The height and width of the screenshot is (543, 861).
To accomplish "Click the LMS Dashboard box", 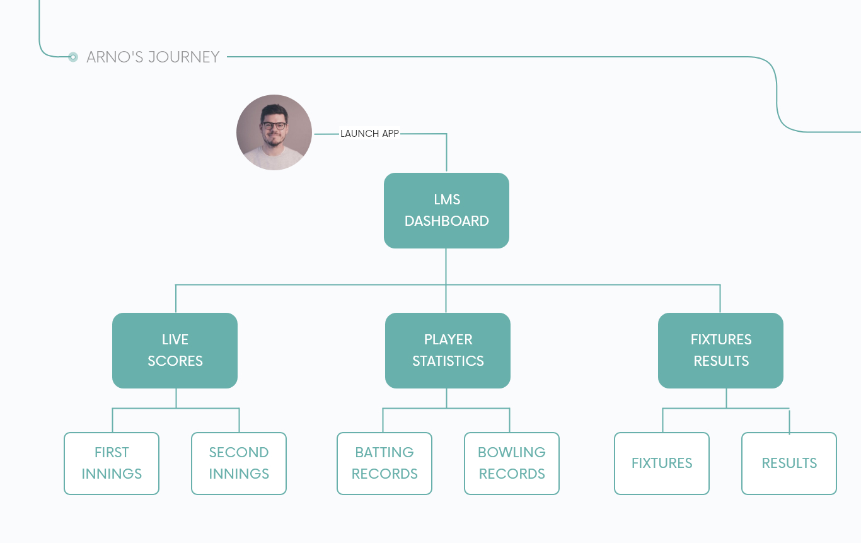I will (446, 210).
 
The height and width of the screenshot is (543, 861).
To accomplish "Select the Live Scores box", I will (175, 350).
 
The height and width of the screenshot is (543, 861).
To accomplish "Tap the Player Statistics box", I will (448, 350).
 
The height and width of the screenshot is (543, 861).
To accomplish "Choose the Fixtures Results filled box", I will (720, 350).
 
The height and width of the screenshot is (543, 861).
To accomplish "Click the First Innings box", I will (112, 463).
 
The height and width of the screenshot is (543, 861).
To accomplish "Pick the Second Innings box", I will (239, 463).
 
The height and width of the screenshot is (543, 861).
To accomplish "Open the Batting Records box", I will (384, 463).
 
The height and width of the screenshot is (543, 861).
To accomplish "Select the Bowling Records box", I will (512, 463).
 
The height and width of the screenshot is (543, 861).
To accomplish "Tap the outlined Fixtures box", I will (662, 463).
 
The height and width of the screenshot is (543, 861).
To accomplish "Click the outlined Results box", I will (789, 463).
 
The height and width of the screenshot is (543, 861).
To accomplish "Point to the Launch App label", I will (369, 134).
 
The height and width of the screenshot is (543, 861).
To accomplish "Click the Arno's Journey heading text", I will (153, 57).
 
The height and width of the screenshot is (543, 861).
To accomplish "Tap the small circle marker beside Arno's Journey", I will (73, 57).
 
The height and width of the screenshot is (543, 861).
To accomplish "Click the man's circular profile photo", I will (274, 132).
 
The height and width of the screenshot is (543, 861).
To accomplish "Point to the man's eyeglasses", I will (274, 126).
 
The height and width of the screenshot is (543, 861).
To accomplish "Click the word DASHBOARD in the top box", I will (446, 221).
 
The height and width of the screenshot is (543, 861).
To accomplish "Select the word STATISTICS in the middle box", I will (448, 361).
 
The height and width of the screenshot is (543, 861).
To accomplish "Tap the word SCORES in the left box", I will (175, 361).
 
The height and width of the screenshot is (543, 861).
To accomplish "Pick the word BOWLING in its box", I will (512, 452).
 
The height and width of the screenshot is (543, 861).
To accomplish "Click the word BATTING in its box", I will (384, 452).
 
